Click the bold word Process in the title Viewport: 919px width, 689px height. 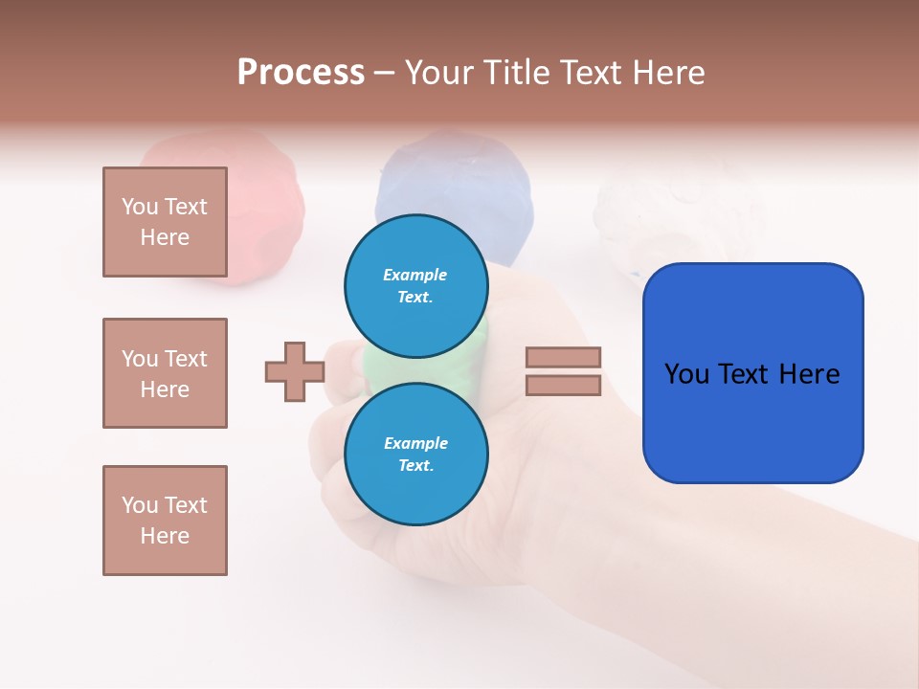(301, 73)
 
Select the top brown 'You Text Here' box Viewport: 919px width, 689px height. (165, 222)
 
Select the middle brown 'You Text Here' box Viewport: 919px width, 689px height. (165, 373)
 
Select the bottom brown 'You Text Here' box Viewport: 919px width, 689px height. (165, 521)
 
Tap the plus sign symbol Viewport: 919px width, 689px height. (295, 371)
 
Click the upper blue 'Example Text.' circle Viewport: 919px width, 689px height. (416, 285)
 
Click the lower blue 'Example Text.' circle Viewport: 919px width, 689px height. (416, 454)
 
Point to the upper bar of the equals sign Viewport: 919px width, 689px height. (563, 357)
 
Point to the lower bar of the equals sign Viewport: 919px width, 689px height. (563, 385)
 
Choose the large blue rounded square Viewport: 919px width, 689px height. (752, 372)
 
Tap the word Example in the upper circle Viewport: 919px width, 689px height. (415, 275)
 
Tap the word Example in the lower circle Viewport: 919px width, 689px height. (415, 443)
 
